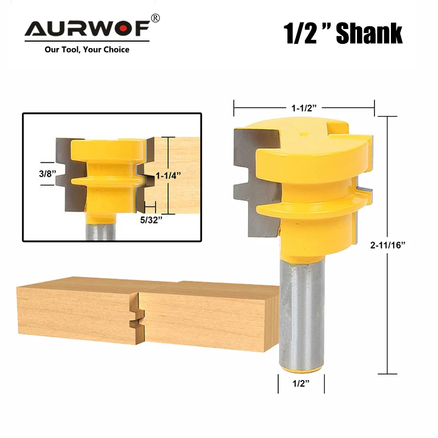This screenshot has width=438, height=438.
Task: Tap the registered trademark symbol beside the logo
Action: point(155,19)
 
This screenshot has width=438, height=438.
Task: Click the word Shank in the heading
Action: point(369,33)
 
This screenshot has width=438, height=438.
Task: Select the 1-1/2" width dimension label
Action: point(304,108)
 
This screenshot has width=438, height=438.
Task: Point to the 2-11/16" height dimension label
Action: point(388,245)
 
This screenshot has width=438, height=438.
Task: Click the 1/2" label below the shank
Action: point(301,383)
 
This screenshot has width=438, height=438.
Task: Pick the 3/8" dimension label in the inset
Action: point(48,174)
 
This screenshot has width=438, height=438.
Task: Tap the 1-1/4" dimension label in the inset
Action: point(168,175)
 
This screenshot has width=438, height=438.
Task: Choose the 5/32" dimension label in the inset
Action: point(151,220)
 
